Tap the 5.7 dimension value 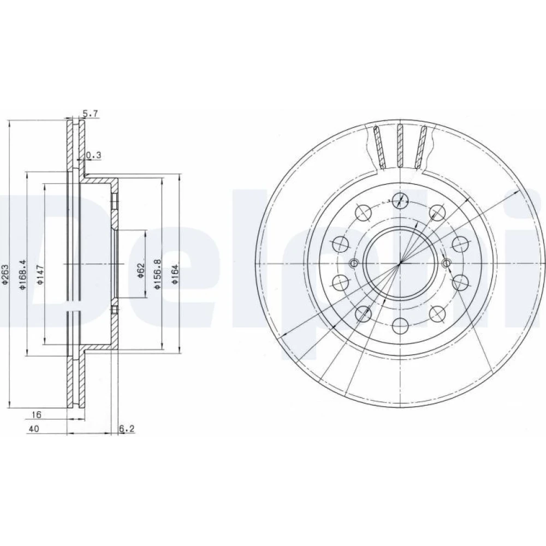pyautogui.click(x=91, y=113)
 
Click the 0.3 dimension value pyautogui.click(x=94, y=155)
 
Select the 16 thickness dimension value pyautogui.click(x=36, y=415)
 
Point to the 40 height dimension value pyautogui.click(x=34, y=429)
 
